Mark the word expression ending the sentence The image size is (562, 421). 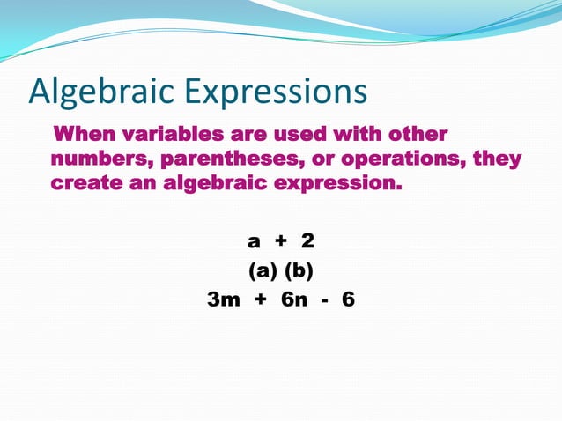pyautogui.click(x=336, y=186)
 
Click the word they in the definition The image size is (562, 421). pyautogui.click(x=498, y=159)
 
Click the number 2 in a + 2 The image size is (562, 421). pyautogui.click(x=307, y=240)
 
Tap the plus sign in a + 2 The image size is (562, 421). pyautogui.click(x=281, y=241)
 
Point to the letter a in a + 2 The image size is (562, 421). pyautogui.click(x=254, y=241)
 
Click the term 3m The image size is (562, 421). pyautogui.click(x=223, y=299)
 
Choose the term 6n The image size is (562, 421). pyautogui.click(x=294, y=299)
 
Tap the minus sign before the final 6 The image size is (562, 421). pyautogui.click(x=325, y=300)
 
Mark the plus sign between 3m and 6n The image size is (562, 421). pyautogui.click(x=260, y=300)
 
